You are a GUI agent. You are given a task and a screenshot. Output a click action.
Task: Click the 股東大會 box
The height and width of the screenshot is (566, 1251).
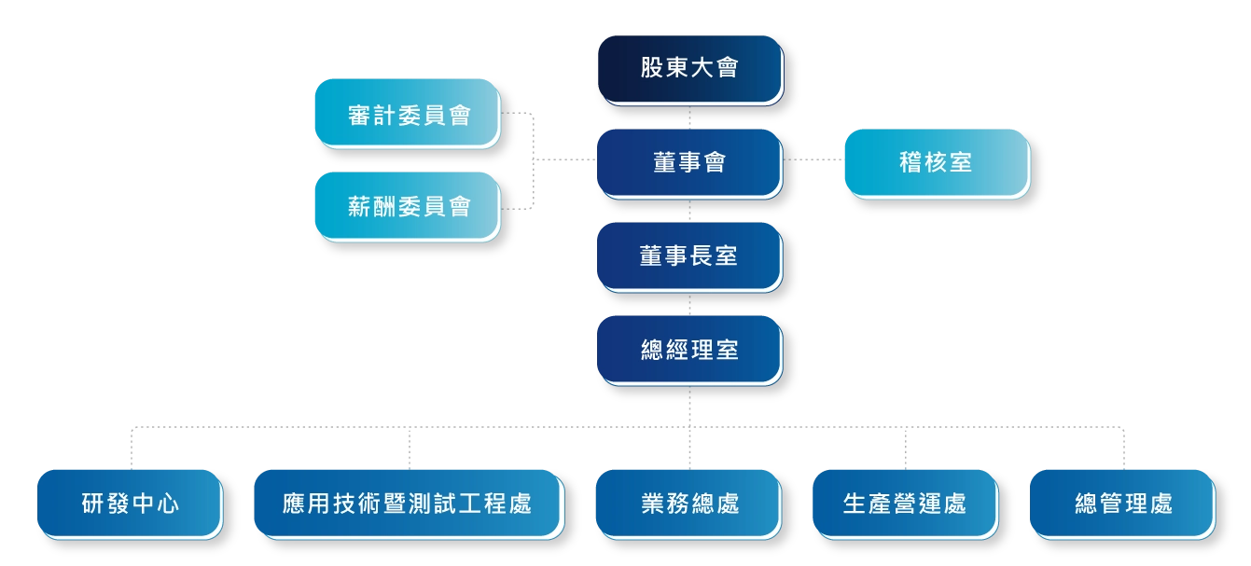[x=689, y=69]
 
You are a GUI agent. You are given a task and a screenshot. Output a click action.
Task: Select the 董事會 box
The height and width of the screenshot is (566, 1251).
[x=689, y=162]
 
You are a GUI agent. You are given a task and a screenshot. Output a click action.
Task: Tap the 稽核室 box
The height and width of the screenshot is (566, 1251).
[x=936, y=162]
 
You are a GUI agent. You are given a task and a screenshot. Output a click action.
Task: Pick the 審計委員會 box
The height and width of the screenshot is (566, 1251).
[x=408, y=114]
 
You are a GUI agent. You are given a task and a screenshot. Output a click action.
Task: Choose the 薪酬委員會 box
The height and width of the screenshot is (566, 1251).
[x=408, y=207]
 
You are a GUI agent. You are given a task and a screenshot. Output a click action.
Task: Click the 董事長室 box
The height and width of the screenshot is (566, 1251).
[x=689, y=255]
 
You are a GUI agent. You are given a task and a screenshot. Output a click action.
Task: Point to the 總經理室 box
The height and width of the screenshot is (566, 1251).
[x=689, y=349]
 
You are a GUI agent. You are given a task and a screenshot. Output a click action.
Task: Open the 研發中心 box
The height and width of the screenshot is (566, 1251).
[x=130, y=504]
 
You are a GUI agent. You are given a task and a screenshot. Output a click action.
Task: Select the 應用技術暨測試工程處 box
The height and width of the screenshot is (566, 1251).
[x=408, y=504]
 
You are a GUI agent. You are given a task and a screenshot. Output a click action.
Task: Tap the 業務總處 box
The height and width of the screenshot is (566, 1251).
[x=689, y=504]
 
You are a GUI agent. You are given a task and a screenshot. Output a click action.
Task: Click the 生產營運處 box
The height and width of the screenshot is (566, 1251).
[x=905, y=504]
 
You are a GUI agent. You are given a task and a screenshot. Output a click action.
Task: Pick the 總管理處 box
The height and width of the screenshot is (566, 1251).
[x=1122, y=504]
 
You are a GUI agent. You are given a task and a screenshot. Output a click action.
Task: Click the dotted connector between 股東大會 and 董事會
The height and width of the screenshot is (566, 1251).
[x=689, y=117]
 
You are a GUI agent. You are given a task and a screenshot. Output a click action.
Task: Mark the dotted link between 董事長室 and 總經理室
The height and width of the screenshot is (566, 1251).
[x=689, y=303]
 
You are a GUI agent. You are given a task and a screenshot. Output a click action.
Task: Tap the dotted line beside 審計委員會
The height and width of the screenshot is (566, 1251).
[x=512, y=115]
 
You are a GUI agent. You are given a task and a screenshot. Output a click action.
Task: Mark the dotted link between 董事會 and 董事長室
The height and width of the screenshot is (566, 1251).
[x=689, y=210]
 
